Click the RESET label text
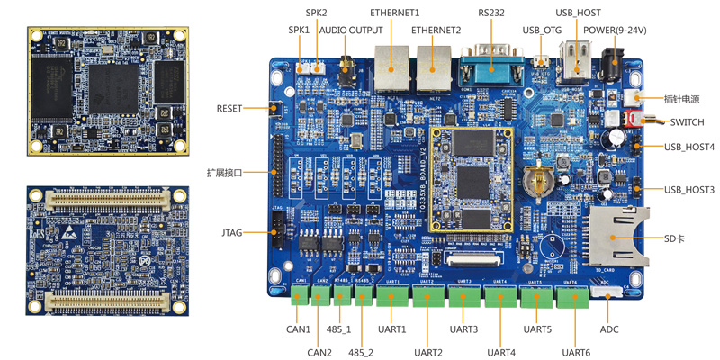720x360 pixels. pos(229,108)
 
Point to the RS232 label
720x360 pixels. pos(491,13)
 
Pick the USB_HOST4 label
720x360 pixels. pos(689,147)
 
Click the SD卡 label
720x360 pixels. pos(675,238)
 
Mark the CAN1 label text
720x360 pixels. pos(299,329)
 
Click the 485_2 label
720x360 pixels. pos(361,352)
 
